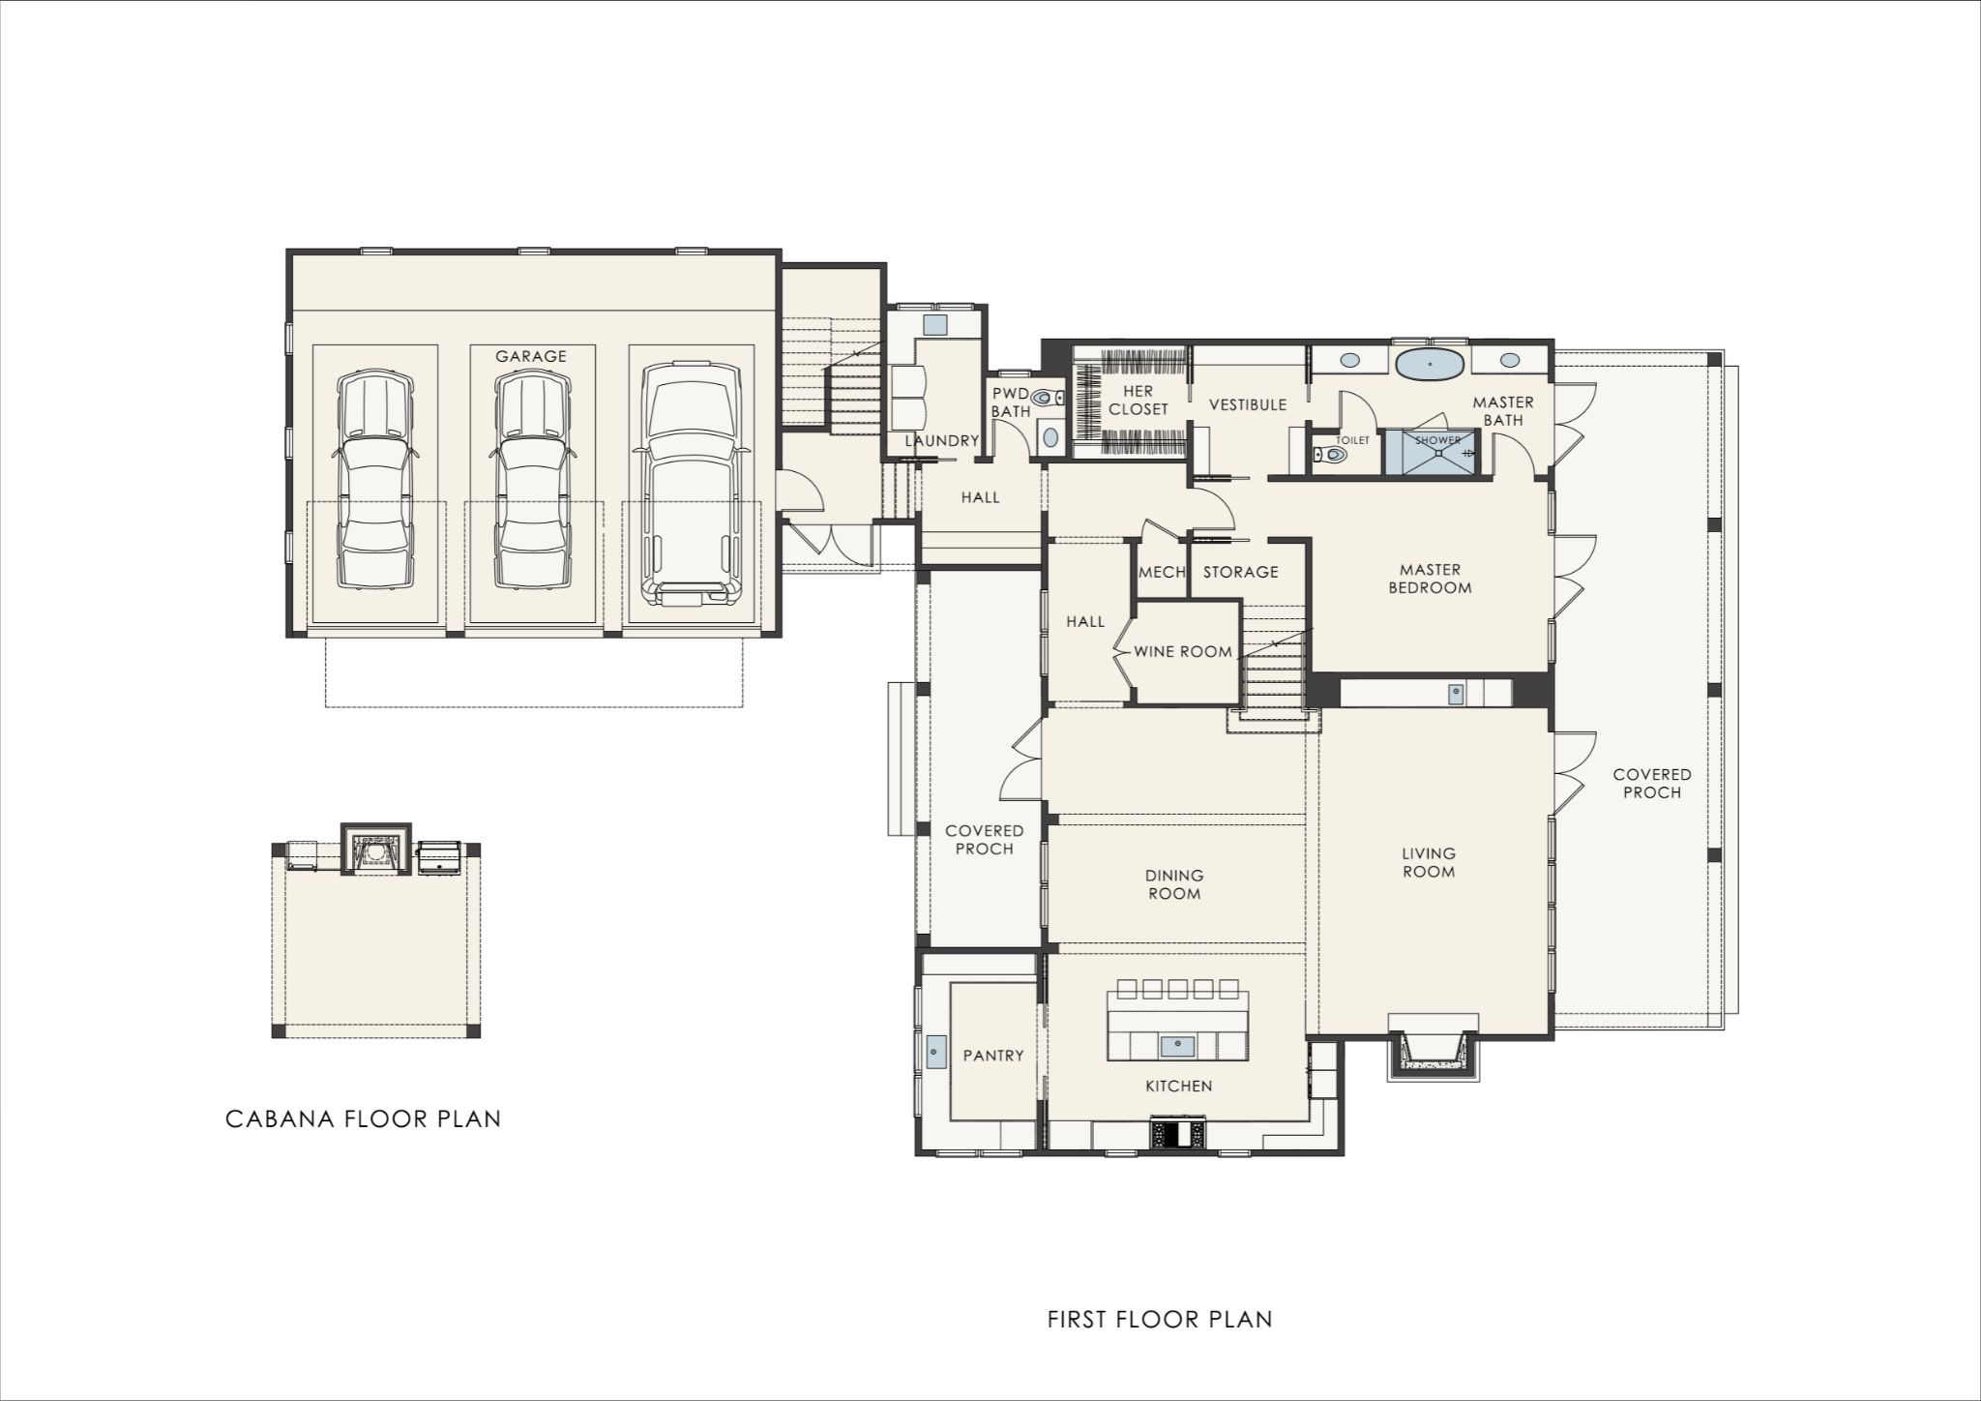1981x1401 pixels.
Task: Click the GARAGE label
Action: tap(531, 356)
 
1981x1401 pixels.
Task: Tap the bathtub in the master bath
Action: tap(1432, 365)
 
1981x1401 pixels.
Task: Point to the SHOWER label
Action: tap(1438, 440)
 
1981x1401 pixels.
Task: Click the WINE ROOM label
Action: tap(1183, 652)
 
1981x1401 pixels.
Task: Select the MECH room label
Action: tap(1162, 572)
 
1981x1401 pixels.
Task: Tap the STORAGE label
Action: tap(1241, 572)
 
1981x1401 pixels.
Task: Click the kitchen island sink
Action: tap(1177, 1045)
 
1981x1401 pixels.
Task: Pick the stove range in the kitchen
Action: tap(1177, 1133)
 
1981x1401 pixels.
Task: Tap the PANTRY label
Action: tap(993, 1056)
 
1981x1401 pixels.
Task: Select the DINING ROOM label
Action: tap(1175, 884)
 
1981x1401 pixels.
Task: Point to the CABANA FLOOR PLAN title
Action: tap(364, 1119)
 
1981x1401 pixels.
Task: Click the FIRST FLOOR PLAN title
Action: tap(1160, 1319)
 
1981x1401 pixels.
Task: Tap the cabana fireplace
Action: tap(377, 851)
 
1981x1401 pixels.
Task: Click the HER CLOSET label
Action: tap(1138, 401)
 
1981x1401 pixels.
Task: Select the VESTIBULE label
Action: tap(1248, 404)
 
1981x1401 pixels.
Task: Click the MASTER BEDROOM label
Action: tap(1430, 579)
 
